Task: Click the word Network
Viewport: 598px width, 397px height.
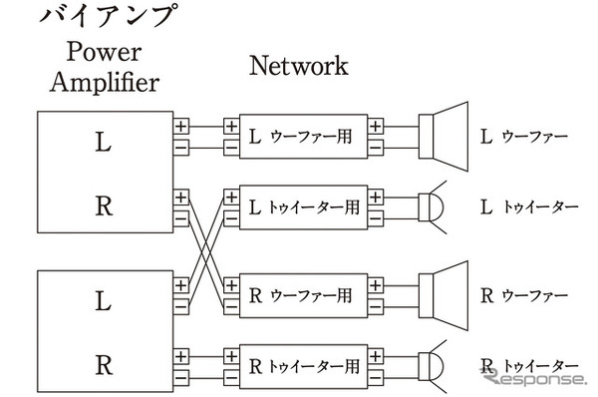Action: [298, 67]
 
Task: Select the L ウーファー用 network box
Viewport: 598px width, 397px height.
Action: [303, 138]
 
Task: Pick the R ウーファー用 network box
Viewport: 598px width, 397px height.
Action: [303, 295]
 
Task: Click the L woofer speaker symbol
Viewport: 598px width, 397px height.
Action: [445, 136]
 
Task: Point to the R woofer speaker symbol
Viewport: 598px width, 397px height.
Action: [445, 294]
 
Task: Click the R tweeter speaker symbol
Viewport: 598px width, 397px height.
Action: [436, 364]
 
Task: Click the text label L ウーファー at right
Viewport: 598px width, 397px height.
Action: [524, 138]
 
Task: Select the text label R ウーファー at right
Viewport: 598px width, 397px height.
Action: [524, 295]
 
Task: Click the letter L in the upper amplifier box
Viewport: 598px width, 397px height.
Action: [104, 143]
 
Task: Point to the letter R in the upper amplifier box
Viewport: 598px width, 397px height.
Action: [104, 206]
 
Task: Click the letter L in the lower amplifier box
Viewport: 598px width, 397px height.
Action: [104, 297]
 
